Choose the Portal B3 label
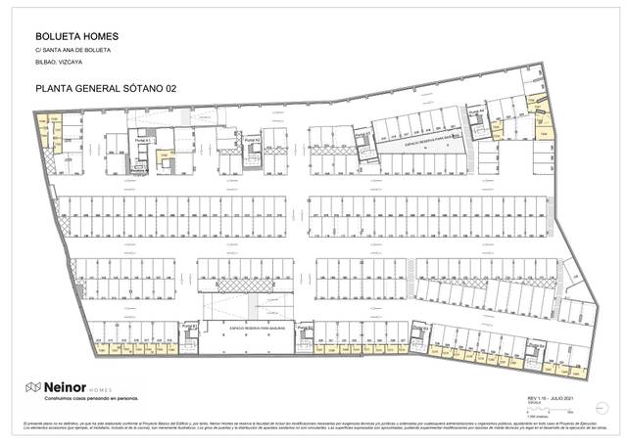[419, 326]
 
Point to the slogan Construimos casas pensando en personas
[85, 400]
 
